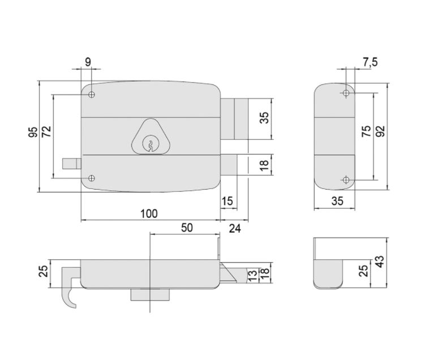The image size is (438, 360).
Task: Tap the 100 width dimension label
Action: (149, 213)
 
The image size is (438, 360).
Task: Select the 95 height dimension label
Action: (33, 132)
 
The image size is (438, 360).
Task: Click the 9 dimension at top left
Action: (88, 62)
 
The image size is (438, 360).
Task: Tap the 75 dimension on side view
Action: (367, 131)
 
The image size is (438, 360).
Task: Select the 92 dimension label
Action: (380, 131)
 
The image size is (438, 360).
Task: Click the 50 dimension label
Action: (187, 228)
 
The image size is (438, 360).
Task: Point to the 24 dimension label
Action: (235, 228)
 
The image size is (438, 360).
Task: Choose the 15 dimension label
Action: (227, 201)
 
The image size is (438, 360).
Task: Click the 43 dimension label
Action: (380, 262)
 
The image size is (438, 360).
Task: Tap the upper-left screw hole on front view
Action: (92, 95)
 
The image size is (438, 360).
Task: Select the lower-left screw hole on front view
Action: (92, 178)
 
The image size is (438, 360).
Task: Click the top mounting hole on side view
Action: (346, 93)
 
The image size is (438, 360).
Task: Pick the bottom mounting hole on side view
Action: (346, 180)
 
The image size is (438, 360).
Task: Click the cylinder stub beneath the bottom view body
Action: (151, 295)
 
